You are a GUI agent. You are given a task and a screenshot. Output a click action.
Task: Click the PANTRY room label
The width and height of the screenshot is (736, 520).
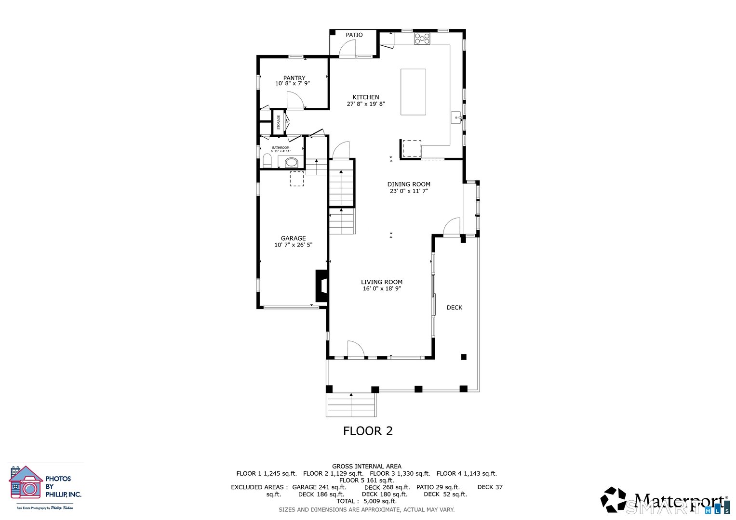coord(294,78)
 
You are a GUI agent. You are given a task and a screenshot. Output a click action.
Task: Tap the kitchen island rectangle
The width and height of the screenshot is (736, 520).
coord(413,92)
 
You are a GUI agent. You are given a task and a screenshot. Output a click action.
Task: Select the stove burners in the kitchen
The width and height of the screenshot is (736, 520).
coord(422,39)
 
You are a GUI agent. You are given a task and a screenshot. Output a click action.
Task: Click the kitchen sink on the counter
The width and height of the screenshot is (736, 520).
coord(456,117)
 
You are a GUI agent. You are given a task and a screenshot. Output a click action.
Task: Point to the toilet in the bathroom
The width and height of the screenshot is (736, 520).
coord(267,160)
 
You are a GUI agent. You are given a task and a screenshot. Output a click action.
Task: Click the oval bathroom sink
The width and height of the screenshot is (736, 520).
coord(291,162)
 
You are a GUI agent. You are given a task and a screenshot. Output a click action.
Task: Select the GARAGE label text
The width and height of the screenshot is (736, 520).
coord(293,238)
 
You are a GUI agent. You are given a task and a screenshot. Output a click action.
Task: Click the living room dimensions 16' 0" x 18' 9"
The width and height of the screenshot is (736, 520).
coord(382,289)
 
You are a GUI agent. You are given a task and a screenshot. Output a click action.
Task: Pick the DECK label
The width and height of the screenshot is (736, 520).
coord(454,308)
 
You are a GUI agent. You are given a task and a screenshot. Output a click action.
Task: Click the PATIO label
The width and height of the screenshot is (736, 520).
coord(354,35)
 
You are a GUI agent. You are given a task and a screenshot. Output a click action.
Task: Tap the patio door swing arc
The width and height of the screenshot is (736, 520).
coord(347,48)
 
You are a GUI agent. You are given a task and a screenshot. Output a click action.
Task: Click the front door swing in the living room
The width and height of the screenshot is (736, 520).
coord(355,349)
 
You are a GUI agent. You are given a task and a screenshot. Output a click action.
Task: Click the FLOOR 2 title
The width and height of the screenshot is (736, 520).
coord(368,431)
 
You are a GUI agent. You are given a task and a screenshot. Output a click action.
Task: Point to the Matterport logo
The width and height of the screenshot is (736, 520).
coord(665,501)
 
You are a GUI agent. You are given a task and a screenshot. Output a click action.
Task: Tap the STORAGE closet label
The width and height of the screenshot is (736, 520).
coord(278,122)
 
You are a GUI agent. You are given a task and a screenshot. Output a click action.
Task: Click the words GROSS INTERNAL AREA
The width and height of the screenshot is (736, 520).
coord(366,466)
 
